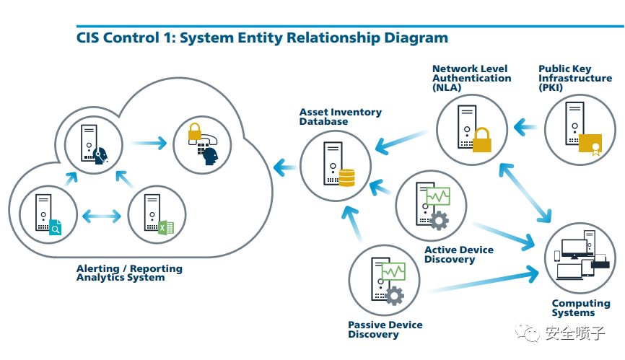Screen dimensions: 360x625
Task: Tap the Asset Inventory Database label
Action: (x=340, y=117)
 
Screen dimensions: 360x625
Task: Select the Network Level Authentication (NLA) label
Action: (x=471, y=78)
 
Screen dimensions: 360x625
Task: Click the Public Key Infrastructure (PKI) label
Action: (x=574, y=78)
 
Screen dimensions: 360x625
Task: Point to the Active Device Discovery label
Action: (x=458, y=255)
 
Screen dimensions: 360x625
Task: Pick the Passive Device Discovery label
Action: (x=385, y=330)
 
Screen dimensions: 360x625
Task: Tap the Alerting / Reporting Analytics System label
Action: (x=129, y=273)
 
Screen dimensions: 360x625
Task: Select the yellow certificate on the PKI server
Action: (x=590, y=144)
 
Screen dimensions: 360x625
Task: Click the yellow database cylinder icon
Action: (x=346, y=177)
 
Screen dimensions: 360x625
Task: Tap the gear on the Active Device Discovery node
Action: (x=438, y=219)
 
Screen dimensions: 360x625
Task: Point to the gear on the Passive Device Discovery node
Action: (x=394, y=295)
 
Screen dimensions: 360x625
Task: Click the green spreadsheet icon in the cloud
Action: (x=166, y=227)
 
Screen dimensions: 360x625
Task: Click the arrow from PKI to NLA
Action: (x=526, y=128)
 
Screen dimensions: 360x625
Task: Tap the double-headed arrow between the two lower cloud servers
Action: (x=102, y=215)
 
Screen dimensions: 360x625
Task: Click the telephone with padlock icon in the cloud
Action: (x=203, y=143)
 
